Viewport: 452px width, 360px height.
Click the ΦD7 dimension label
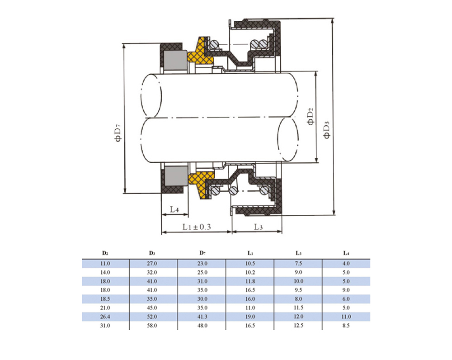(118, 133)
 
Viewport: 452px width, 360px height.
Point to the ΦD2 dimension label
(311, 117)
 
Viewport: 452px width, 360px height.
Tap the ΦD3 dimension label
(327, 130)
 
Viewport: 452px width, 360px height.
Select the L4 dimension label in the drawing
(174, 209)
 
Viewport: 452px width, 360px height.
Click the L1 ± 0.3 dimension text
(197, 227)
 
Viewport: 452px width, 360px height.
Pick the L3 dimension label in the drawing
(258, 227)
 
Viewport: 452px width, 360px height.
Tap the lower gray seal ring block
(175, 175)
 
